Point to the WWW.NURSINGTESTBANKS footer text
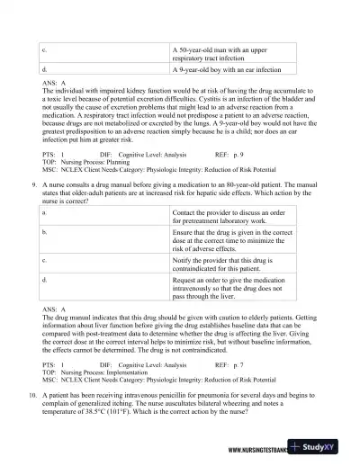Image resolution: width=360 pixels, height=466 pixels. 261,450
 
